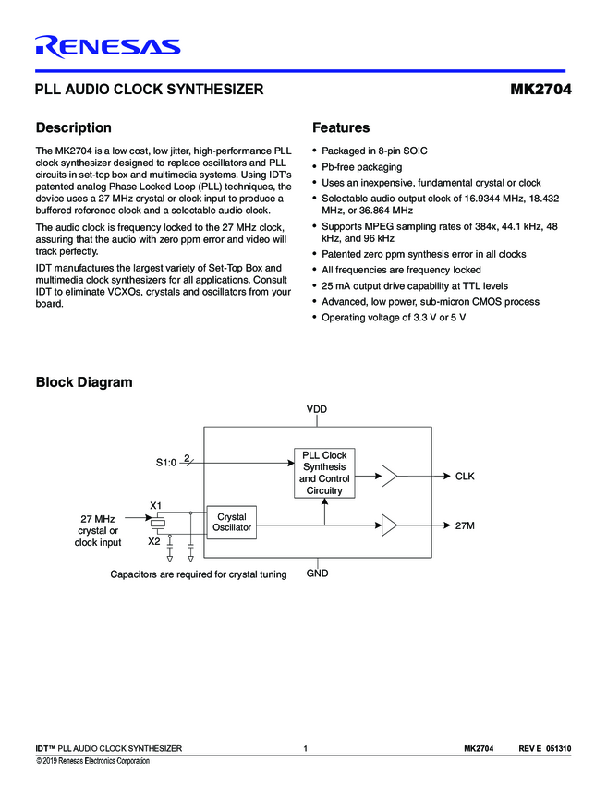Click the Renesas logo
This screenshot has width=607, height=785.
[x=107, y=47]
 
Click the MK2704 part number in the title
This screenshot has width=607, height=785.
[x=540, y=91]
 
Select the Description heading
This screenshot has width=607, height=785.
[x=73, y=128]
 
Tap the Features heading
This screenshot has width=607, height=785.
[x=341, y=128]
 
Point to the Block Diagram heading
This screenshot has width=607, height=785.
[x=83, y=382]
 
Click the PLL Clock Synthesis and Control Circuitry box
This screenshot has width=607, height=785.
[x=324, y=473]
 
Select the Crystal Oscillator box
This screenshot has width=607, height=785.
[x=231, y=523]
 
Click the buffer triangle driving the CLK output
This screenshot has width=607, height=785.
[x=389, y=477]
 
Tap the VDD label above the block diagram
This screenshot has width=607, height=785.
[x=317, y=408]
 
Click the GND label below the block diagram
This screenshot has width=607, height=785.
[x=317, y=574]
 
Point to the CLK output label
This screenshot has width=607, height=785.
[x=465, y=477]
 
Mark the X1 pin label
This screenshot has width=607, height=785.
[x=155, y=505]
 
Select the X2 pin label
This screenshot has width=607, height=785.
[x=155, y=542]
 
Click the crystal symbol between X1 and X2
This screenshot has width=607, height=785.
[x=159, y=525]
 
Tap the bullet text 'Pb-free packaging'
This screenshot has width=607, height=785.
[x=361, y=167]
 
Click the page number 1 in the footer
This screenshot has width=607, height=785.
[x=304, y=748]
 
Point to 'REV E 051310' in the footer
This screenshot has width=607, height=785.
[x=545, y=748]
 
